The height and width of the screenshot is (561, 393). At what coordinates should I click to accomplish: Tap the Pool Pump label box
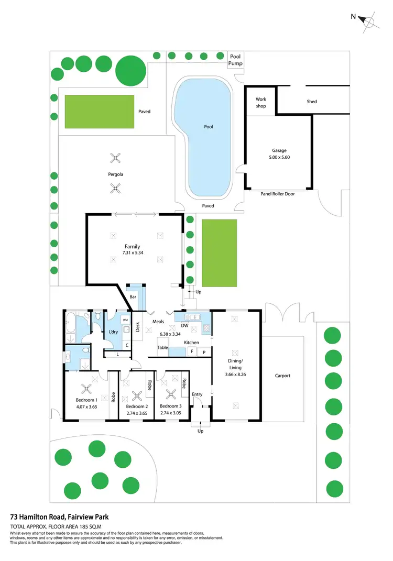pyautogui.click(x=235, y=60)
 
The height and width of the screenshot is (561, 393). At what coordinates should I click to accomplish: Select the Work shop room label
pyautogui.click(x=261, y=102)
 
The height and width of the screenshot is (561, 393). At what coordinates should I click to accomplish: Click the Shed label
pyautogui.click(x=312, y=102)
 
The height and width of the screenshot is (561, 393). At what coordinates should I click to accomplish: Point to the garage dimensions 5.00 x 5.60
pyautogui.click(x=279, y=157)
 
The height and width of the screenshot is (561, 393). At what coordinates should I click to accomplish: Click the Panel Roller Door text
pyautogui.click(x=278, y=193)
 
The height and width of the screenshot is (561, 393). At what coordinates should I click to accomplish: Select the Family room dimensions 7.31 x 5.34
pyautogui.click(x=132, y=252)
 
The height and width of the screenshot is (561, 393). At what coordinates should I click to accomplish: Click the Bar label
pyautogui.click(x=133, y=297)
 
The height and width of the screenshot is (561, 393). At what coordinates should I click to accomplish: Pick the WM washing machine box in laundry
pyautogui.click(x=125, y=319)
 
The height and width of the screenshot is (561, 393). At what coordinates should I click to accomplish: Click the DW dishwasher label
pyautogui.click(x=184, y=325)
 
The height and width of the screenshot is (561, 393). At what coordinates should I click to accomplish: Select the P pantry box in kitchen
pyautogui.click(x=204, y=352)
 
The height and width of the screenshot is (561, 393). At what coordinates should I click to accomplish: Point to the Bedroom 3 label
pyautogui.click(x=171, y=406)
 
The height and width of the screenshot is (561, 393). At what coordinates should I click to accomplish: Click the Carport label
pyautogui.click(x=282, y=376)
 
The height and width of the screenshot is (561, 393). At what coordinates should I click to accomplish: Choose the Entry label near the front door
pyautogui.click(x=197, y=394)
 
